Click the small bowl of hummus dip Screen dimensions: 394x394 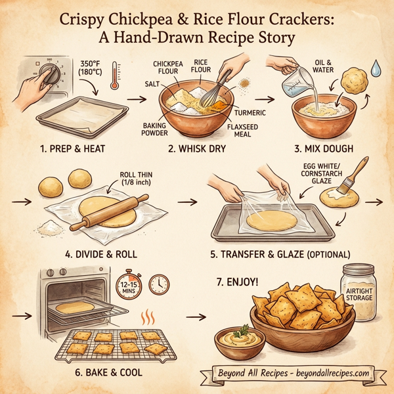pyautogui.click(x=240, y=342)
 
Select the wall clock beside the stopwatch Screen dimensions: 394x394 pyautogui.click(x=159, y=284)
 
